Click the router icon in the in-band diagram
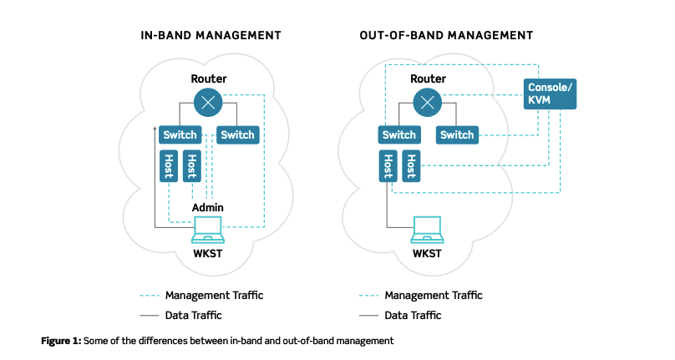pyautogui.click(x=207, y=103)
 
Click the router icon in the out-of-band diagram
pyautogui.click(x=427, y=103)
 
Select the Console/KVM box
pyautogui.click(x=550, y=94)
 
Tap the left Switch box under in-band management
pyautogui.click(x=180, y=134)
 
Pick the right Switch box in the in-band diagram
pyautogui.click(x=237, y=134)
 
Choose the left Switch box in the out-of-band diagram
pyautogui.click(x=398, y=134)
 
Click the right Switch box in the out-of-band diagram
pyautogui.click(x=457, y=134)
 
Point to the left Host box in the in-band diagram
pyautogui.click(x=168, y=165)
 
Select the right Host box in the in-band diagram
pyautogui.click(x=191, y=165)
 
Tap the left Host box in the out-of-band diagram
pyautogui.click(x=388, y=165)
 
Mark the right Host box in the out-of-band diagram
pyautogui.click(x=411, y=165)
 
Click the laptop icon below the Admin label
pyautogui.click(x=207, y=227)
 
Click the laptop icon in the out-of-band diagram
pyautogui.click(x=427, y=227)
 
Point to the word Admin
pyautogui.click(x=207, y=207)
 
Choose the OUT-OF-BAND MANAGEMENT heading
pyautogui.click(x=446, y=36)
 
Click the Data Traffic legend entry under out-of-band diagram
pyautogui.click(x=413, y=315)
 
